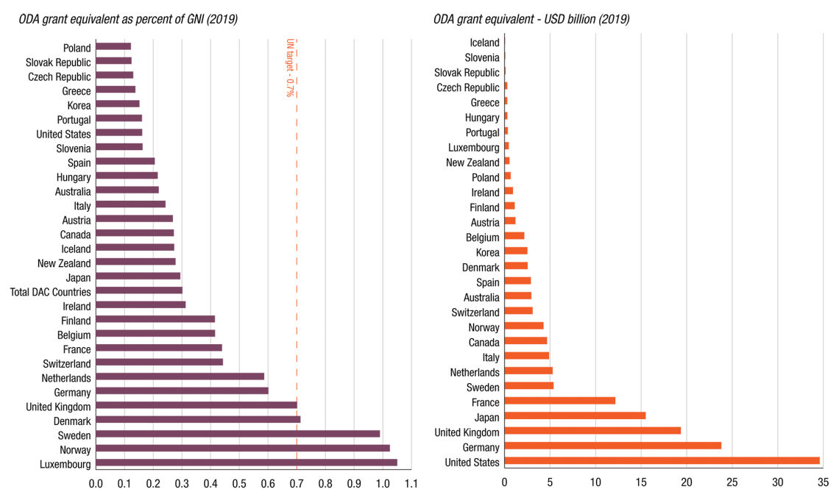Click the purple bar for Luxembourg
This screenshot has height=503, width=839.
[247, 463]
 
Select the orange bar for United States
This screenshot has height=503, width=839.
[662, 461]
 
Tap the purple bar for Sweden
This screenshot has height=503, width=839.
[238, 434]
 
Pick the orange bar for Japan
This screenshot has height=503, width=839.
[575, 415]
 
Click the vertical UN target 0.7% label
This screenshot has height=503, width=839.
[290, 68]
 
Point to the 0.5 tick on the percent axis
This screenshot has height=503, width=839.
[239, 483]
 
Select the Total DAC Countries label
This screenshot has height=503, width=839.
[51, 292]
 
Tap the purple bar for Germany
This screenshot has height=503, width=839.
[182, 391]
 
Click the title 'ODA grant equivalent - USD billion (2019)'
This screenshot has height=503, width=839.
[531, 19]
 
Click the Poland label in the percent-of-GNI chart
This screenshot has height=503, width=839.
[77, 48]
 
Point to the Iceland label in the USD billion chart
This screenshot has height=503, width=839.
[484, 43]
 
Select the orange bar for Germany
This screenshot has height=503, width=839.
[612, 446]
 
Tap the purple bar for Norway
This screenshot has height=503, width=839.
[243, 449]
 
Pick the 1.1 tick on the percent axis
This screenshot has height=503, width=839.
[411, 483]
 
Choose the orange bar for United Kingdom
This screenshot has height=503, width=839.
[592, 431]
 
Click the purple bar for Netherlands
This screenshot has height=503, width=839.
[180, 377]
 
